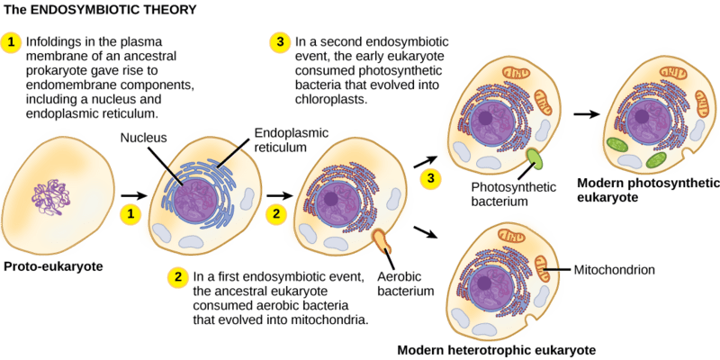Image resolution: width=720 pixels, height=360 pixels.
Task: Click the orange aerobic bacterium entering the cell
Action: click(382, 241)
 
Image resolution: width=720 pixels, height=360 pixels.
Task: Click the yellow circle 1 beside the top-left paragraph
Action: click(13, 41)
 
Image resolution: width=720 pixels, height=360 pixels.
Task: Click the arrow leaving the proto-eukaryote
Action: click(133, 194)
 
